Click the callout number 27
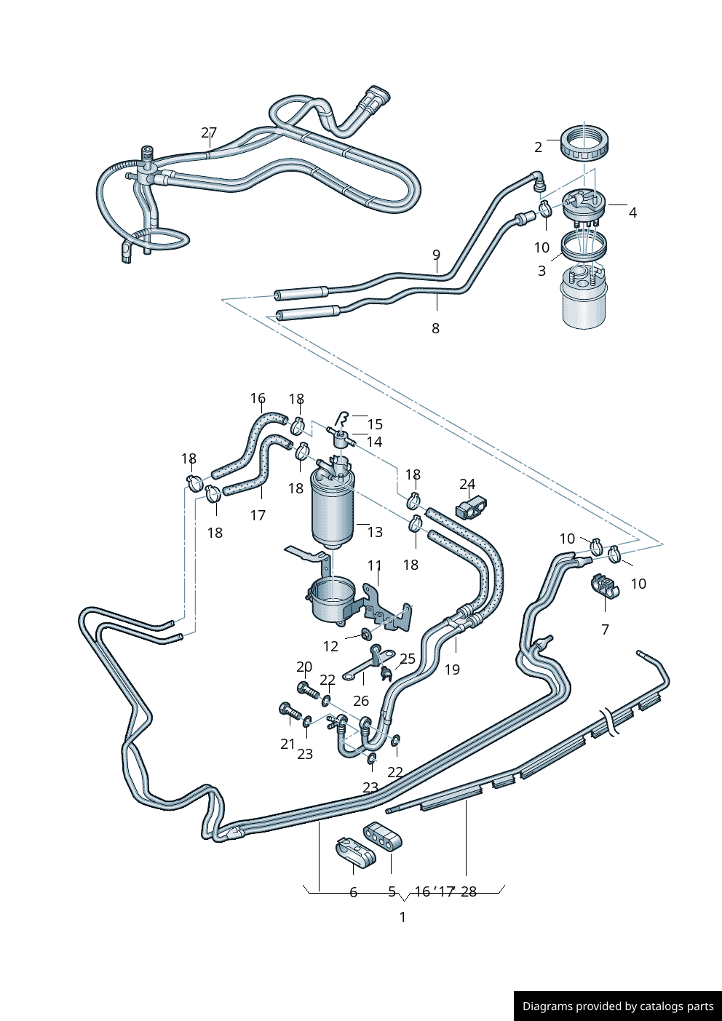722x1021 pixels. [x=209, y=132]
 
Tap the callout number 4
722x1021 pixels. [x=632, y=212]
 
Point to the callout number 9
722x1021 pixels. [x=436, y=255]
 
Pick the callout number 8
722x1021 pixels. [x=435, y=328]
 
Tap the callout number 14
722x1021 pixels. [x=374, y=442]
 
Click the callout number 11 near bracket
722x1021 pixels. [x=374, y=565]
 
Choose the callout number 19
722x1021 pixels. [x=452, y=670]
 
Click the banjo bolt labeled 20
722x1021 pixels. [x=306, y=688]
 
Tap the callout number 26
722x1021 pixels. [x=361, y=701]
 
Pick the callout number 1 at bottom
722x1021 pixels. [x=402, y=917]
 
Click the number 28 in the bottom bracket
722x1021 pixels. [x=468, y=892]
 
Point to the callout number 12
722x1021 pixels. [x=330, y=646]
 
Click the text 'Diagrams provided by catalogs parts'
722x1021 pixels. [x=617, y=1006]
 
